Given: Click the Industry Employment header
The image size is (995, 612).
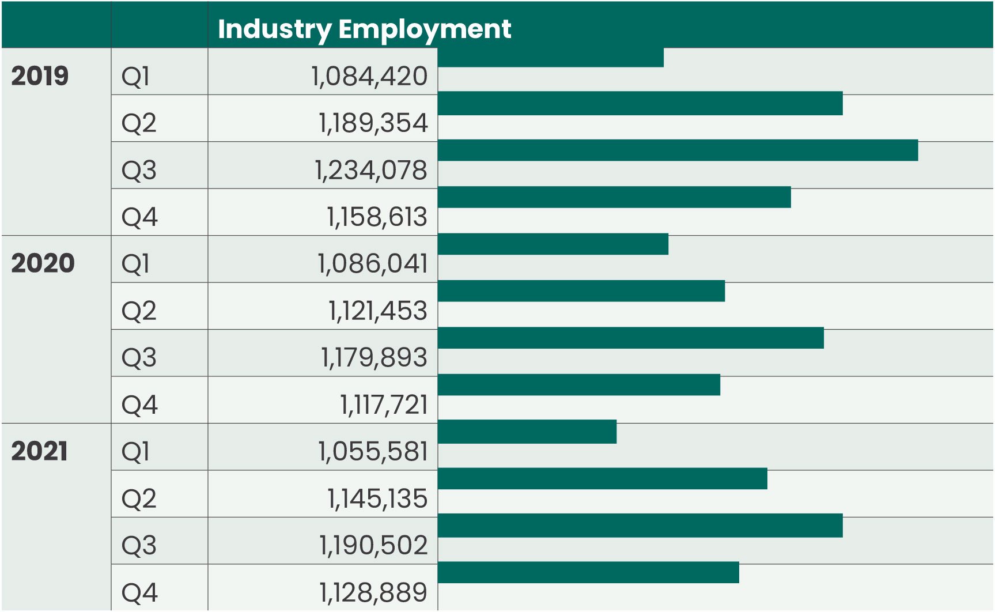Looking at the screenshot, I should click(364, 29).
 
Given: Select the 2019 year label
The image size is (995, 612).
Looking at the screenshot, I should click(40, 76).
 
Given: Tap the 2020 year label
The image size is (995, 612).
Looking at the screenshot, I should click(43, 263).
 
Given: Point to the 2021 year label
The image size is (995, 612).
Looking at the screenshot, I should click(39, 451).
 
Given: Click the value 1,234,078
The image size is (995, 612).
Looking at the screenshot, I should click(370, 170).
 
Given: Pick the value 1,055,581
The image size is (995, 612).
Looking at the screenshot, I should click(373, 451).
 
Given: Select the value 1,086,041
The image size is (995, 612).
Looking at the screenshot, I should click(372, 264).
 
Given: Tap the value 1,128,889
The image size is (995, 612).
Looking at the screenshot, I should click(373, 592).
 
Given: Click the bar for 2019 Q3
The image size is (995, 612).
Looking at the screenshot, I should click(678, 150).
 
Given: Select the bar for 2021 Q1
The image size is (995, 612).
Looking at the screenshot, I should click(527, 432).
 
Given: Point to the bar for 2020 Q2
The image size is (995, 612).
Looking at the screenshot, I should click(581, 291).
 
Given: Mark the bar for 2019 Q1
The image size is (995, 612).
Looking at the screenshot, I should click(550, 58).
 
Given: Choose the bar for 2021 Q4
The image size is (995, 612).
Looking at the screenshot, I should click(588, 572).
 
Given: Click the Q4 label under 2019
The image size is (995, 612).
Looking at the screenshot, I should click(139, 217).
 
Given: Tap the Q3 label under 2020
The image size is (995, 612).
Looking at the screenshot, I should click(139, 358).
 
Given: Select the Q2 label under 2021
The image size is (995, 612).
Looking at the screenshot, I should click(139, 498).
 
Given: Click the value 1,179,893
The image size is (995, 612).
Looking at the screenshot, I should click(374, 357).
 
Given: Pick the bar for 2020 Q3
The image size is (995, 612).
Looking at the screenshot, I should click(630, 338).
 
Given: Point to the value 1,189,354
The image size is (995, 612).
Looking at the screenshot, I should click(373, 123).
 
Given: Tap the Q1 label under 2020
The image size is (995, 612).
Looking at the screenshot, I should click(135, 264).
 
